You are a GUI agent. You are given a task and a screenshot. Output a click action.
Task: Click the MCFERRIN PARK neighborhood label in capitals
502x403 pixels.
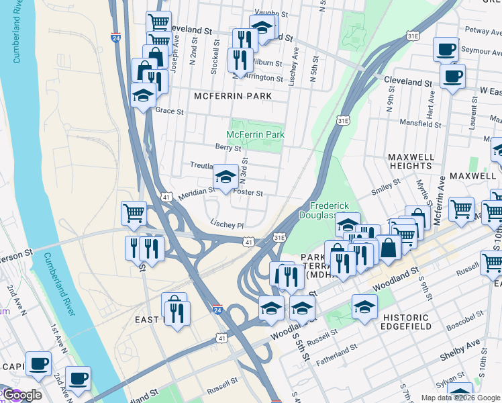coord(233,96)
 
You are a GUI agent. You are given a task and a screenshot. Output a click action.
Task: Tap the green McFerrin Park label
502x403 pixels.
coord(255,135)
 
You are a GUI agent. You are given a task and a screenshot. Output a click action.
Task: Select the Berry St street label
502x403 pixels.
coord(228,148)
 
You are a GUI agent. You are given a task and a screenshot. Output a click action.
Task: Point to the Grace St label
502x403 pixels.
coord(169,111)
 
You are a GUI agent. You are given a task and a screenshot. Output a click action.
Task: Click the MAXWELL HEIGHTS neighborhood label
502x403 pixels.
coord(409,161)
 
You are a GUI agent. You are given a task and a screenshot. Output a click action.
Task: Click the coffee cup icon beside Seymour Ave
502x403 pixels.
coord(446,49)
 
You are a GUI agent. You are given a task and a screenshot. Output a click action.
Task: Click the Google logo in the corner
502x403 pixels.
coord(21,395)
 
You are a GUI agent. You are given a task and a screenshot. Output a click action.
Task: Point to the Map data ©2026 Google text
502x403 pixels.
coord(460,398)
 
